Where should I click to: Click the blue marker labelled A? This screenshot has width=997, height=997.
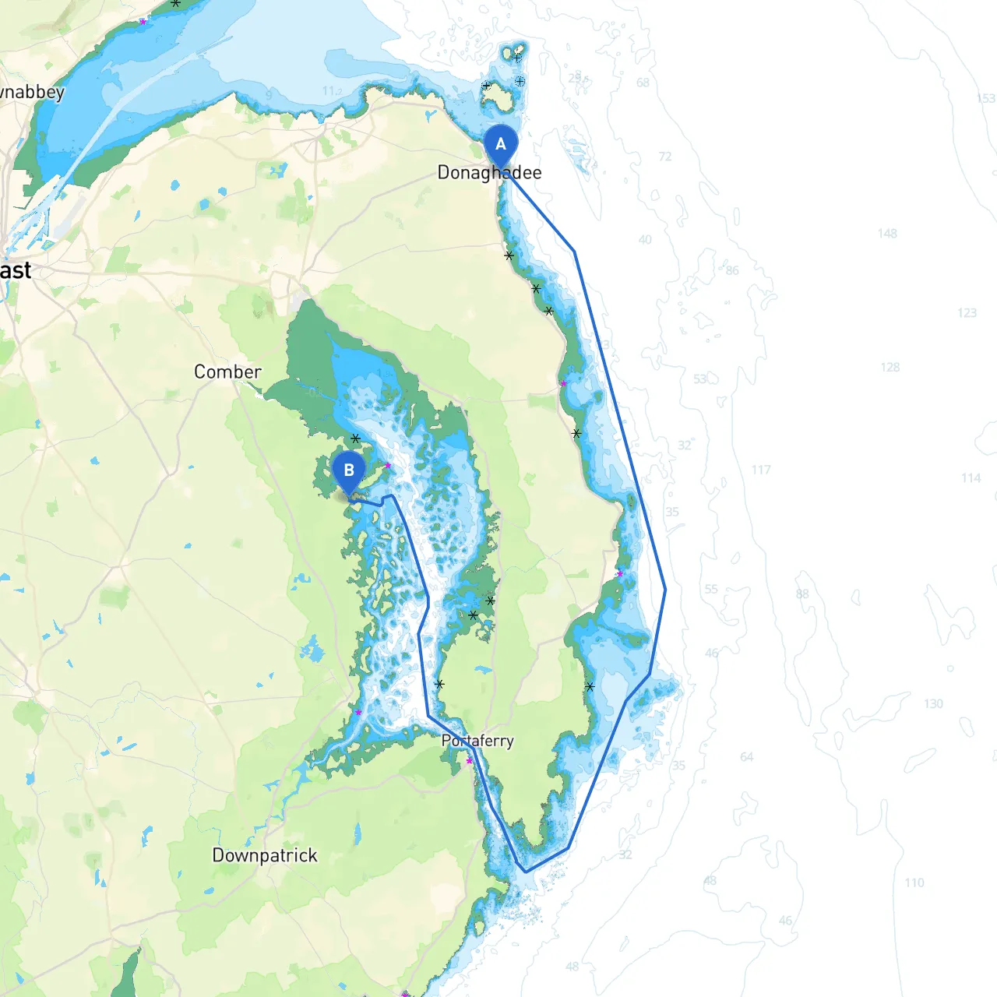[x=500, y=144]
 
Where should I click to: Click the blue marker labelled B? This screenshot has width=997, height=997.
[x=349, y=470]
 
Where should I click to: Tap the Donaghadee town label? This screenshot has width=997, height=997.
[x=489, y=172]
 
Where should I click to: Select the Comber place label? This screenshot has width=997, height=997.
[x=227, y=372]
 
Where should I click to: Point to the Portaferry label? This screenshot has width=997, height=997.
[x=477, y=741]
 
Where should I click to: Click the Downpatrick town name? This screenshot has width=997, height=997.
[x=265, y=855]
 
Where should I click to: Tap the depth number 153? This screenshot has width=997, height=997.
[x=986, y=98]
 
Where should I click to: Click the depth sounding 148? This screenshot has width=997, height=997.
[x=887, y=234]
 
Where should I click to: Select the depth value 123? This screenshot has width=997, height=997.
[x=967, y=313]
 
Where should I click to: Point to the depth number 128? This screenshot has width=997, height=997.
[x=890, y=367]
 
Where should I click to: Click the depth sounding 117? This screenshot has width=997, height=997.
[x=761, y=470]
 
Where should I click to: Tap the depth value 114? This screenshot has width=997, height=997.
[x=971, y=478]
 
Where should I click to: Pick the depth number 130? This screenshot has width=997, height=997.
[x=933, y=703]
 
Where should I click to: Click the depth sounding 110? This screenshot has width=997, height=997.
[x=914, y=883]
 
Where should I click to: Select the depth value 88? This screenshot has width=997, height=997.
[x=802, y=594]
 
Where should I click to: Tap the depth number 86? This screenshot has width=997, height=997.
[x=732, y=270]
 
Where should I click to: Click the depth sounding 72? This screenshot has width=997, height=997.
[x=665, y=157]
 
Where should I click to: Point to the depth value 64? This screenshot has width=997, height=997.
[x=747, y=756]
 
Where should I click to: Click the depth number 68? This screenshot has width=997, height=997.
[x=643, y=83]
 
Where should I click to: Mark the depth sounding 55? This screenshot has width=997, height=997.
[x=711, y=590]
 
